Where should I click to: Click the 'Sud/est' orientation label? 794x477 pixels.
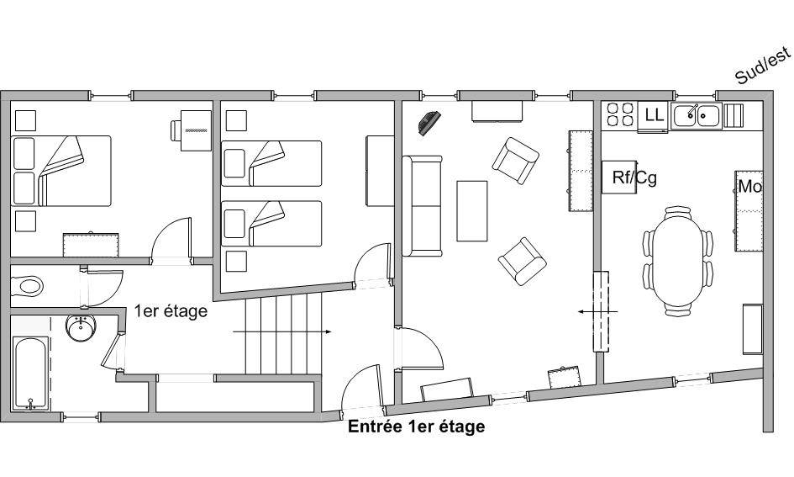pos(763,66)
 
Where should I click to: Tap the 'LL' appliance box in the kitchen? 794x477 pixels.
pos(653,116)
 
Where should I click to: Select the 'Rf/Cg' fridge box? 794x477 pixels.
pos(619,177)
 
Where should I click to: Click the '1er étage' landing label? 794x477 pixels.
pos(171,310)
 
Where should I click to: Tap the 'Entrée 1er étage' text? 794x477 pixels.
pos(416,427)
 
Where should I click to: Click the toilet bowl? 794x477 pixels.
pos(26,286)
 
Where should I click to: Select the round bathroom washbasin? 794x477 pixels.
pos(81,327)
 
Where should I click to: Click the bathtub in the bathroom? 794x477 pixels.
pos(30,374)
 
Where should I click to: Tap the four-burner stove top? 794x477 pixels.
pos(620,114)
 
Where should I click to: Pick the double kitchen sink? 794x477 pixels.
pos(697,115)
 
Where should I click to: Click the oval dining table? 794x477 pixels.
pos(678,260)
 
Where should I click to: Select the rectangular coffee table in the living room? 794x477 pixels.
pos(472,211)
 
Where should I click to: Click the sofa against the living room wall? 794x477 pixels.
pos(423,206)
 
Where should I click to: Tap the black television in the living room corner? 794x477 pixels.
pos(429,123)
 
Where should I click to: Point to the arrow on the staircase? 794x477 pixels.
pos(282,332)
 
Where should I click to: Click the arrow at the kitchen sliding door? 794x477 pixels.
pos(598,311)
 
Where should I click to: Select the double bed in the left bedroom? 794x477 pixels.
pos(60,171)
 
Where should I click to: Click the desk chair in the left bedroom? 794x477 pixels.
pos(176,130)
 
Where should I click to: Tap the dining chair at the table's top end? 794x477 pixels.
pos(678,211)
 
